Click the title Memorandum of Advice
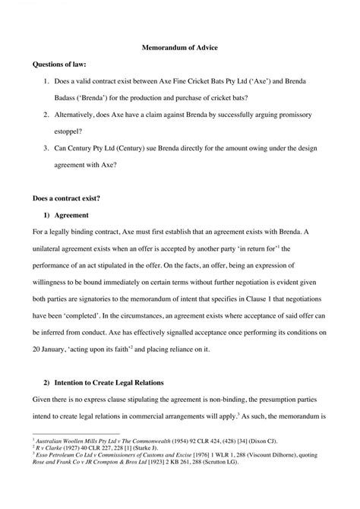pos(180,48)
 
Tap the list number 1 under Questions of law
pos(47,80)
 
